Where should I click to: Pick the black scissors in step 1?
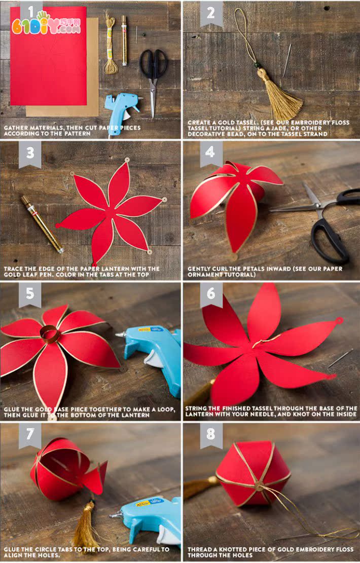[x=154, y=80]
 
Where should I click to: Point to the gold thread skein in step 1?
[x=111, y=44]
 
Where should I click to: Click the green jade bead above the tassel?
[x=257, y=65]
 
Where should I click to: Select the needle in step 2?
[x=286, y=60]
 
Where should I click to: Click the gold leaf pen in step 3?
[x=42, y=223]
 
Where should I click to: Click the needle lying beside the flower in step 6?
[x=340, y=359]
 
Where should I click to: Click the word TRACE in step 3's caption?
[x=13, y=269]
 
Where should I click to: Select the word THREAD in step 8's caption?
[x=199, y=549]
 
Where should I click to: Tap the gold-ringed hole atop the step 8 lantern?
[x=258, y=486]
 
